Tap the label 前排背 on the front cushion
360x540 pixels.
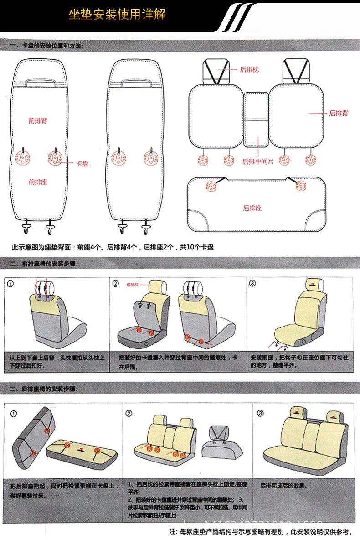pyautogui.click(x=37, y=121)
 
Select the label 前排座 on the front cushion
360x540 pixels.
pyautogui.click(x=37, y=182)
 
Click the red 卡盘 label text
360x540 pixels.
pyautogui.click(x=82, y=163)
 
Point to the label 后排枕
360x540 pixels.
pyautogui.click(x=249, y=70)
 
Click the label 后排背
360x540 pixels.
pyautogui.click(x=339, y=113)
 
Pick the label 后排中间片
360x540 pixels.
pyautogui.click(x=258, y=161)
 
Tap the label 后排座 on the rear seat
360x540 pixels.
pyautogui.click(x=252, y=208)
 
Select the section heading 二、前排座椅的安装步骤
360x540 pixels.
pyautogui.click(x=43, y=264)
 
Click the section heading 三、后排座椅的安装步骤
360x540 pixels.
pyautogui.click(x=43, y=389)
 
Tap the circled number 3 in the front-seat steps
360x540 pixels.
pyautogui.click(x=252, y=284)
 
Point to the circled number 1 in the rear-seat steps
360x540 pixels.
pyautogui.click(x=14, y=414)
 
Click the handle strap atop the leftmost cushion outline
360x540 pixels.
pyautogui.click(x=41, y=83)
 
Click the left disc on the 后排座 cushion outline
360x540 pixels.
pyautogui.click(x=211, y=185)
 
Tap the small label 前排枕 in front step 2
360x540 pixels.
pyautogui.click(x=132, y=284)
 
